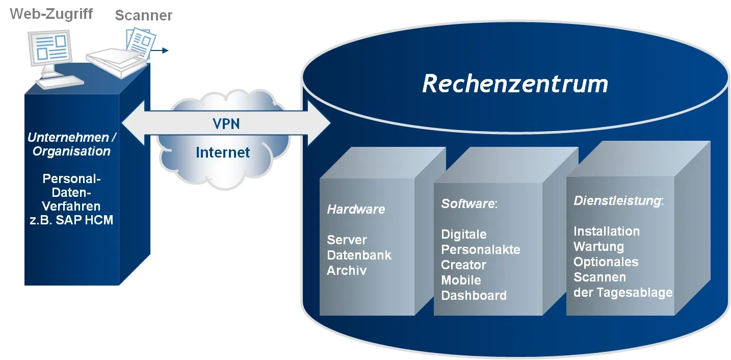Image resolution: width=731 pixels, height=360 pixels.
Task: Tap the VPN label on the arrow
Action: (226, 124)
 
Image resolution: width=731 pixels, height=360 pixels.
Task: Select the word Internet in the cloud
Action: (223, 152)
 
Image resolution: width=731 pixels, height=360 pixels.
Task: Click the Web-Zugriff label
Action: (51, 14)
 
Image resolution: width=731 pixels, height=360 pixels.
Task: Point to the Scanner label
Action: (143, 15)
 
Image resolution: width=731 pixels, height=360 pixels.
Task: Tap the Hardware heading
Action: (356, 209)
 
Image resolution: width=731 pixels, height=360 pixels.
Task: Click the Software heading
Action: (467, 204)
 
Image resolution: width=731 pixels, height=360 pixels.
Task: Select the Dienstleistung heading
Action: (617, 201)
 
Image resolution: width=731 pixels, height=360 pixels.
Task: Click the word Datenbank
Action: (359, 255)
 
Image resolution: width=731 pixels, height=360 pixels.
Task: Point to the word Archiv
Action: (347, 270)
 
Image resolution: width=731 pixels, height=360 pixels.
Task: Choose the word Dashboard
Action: (474, 295)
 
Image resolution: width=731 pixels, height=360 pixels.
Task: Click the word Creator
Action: (463, 265)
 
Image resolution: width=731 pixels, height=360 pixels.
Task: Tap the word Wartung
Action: (598, 247)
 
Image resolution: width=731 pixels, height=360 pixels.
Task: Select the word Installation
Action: (606, 232)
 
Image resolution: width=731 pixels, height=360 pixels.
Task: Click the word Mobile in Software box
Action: (461, 280)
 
